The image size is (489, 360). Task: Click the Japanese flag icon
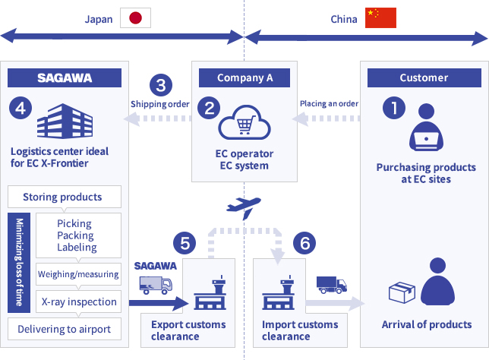pyautogui.click(x=136, y=18)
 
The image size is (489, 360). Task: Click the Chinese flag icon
pyautogui.click(x=380, y=18)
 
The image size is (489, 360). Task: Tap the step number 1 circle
pyautogui.click(x=393, y=108)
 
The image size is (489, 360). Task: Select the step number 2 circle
pyautogui.click(x=208, y=108)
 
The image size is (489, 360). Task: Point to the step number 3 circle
pyautogui.click(x=160, y=84)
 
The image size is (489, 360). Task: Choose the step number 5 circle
pyautogui.click(x=185, y=243)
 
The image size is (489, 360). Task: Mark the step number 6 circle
pyautogui.click(x=304, y=243)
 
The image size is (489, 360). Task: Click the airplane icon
pyautogui.click(x=244, y=207)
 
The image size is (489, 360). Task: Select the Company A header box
pyautogui.click(x=244, y=77)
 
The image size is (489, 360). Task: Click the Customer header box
pyautogui.click(x=424, y=77)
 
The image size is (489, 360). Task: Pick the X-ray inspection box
pyautogui.click(x=78, y=302)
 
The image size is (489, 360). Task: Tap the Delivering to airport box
pyautogui.click(x=64, y=329)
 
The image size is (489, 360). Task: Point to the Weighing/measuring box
pyautogui.click(x=78, y=274)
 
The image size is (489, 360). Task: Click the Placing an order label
pyautogui.click(x=329, y=103)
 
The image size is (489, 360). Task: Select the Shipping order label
pyautogui.click(x=159, y=103)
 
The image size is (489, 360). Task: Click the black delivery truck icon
pyautogui.click(x=331, y=284)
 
